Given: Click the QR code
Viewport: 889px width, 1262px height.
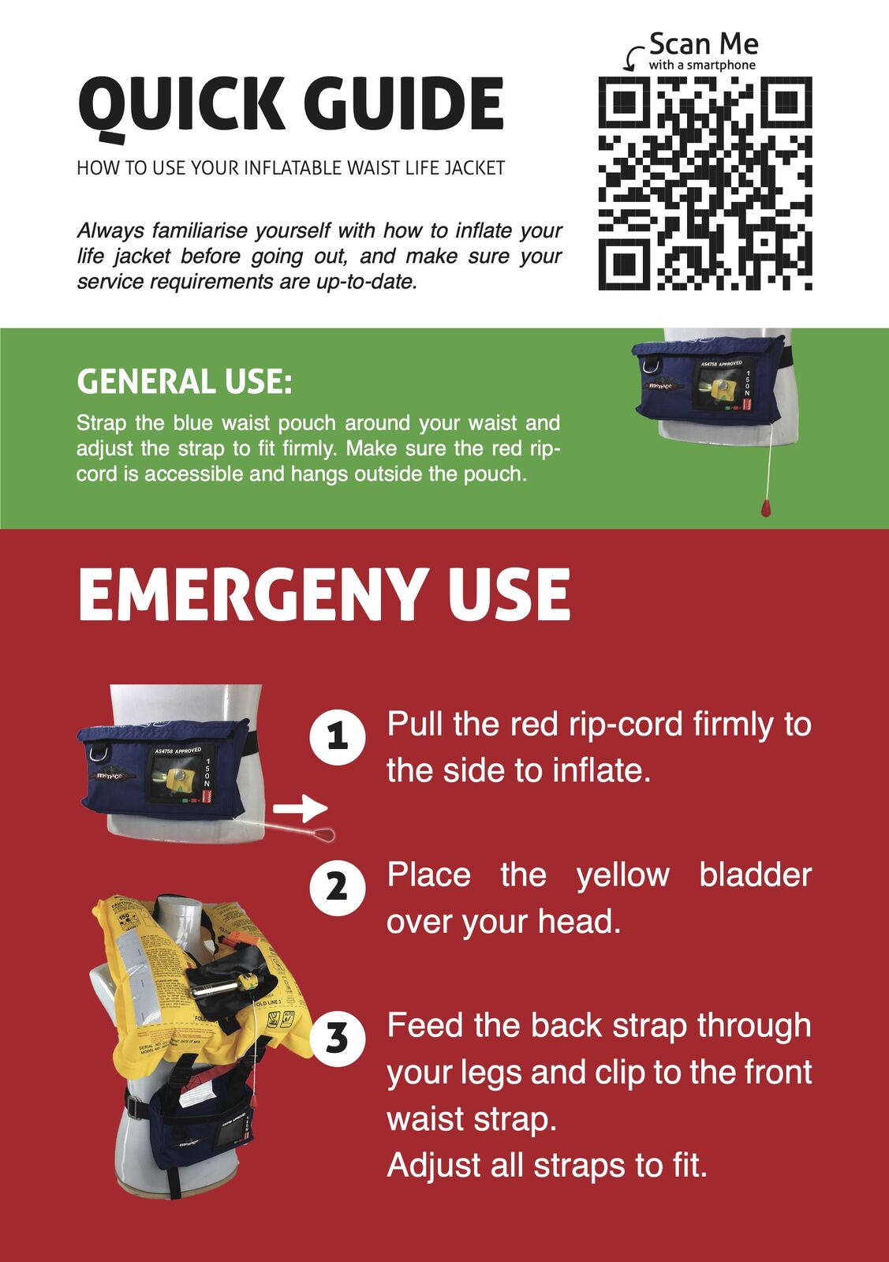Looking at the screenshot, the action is point(705,184).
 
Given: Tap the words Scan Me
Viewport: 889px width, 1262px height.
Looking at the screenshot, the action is point(704,43).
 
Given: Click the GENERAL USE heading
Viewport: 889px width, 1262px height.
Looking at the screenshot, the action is point(184,381).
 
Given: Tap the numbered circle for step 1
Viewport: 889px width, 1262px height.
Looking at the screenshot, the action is point(338,737).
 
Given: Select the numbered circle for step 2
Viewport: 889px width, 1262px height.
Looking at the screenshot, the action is point(338,888).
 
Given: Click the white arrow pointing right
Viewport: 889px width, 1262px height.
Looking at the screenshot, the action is point(300,808).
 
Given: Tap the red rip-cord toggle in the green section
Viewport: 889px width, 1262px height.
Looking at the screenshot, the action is point(766,507).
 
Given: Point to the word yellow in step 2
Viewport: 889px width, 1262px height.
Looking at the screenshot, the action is point(622,876).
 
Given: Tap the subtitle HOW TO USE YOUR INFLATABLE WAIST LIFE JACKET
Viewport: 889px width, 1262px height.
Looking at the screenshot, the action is point(290,168).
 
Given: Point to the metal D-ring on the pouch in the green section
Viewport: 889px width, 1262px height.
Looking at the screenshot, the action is point(648,365).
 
